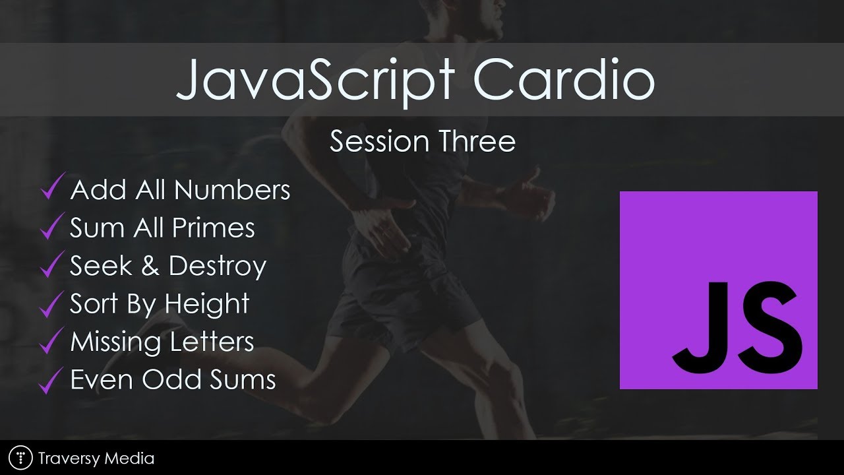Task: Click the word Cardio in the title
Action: pos(564,79)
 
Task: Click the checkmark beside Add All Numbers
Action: pos(51,187)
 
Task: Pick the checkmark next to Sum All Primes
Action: pos(51,226)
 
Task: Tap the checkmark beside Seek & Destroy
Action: pos(51,265)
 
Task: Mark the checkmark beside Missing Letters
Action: pos(51,341)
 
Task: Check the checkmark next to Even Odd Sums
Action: pos(51,381)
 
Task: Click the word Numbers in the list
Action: pos(232,189)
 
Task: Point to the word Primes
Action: pos(213,228)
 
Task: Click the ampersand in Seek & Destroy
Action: pos(150,265)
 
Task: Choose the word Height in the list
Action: pos(207,304)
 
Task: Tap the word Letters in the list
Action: pos(212,342)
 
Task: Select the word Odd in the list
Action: pos(171,379)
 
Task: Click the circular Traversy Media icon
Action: pos(20,458)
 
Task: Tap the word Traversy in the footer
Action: pos(69,459)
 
